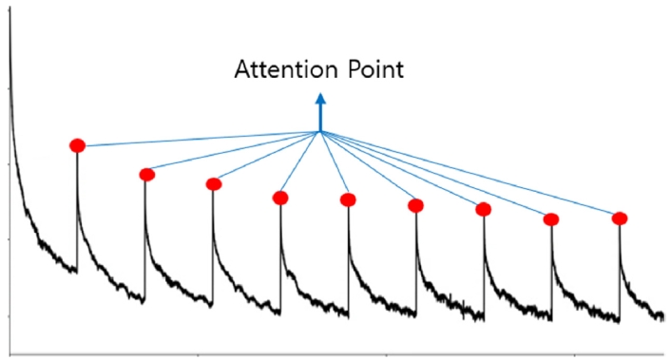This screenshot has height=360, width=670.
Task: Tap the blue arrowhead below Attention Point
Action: [x=320, y=98]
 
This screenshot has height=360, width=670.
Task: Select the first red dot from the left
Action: [x=77, y=145]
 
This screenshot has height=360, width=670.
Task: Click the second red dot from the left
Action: [x=146, y=174]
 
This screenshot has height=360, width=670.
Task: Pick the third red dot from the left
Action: [x=214, y=183]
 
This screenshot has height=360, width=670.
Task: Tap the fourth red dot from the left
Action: [x=280, y=198]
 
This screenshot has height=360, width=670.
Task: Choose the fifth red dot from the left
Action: [x=348, y=199]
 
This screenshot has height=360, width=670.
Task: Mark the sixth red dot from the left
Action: [x=415, y=205]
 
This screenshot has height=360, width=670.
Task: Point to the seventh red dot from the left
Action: [x=483, y=209]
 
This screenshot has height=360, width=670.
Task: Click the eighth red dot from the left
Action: [x=551, y=218]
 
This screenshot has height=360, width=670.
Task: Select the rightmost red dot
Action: [x=620, y=218]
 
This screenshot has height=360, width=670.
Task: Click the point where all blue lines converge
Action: [x=320, y=131]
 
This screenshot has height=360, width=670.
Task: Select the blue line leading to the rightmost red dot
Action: [x=475, y=177]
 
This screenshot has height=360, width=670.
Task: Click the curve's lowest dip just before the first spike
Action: [x=74, y=272]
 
